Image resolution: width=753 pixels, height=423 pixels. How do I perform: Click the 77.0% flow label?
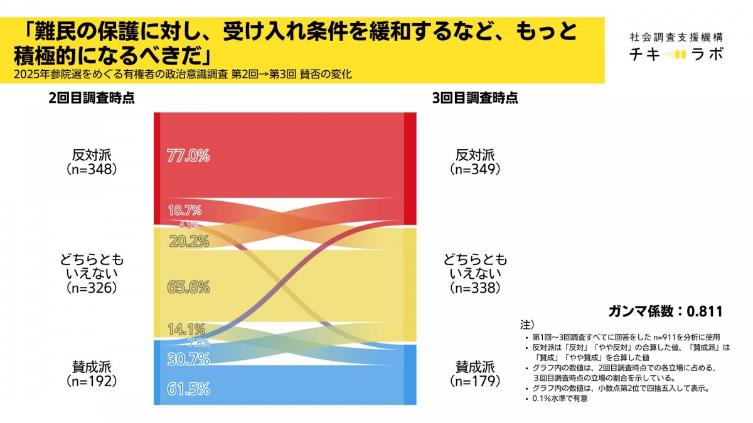pos(188,156)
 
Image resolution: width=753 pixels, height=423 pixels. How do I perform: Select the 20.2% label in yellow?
pos(189,241)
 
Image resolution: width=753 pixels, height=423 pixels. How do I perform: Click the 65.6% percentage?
pos(188,287)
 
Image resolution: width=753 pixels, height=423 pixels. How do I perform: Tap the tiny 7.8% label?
pos(199,343)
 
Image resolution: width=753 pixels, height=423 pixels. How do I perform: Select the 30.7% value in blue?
pos(188,358)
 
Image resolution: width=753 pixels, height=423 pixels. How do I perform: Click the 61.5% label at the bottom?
pos(188,389)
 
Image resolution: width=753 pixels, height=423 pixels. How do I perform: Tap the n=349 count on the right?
pos(475,169)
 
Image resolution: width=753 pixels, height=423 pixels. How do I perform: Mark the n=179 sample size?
pos(475,380)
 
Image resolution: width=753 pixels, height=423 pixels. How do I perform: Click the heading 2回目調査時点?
pos(92,98)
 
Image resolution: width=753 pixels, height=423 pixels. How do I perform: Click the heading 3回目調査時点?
pos(476,98)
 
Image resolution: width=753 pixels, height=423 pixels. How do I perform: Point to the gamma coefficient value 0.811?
pos(705,311)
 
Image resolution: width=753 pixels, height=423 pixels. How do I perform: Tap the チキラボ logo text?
pos(676,55)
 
